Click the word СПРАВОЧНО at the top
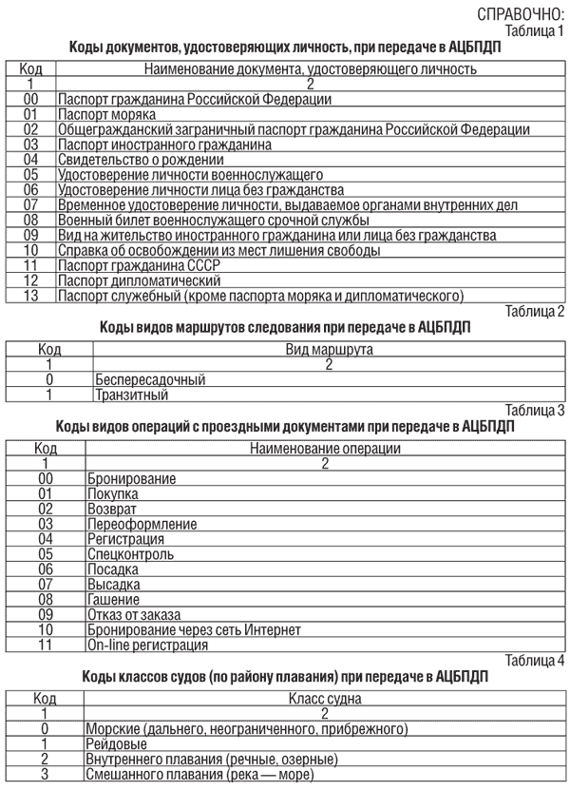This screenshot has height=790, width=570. pyautogui.click(x=519, y=13)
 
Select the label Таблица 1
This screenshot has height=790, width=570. pyautogui.click(x=535, y=29)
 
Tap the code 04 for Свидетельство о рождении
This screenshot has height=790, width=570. pyautogui.click(x=30, y=160)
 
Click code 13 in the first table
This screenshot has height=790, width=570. pyautogui.click(x=30, y=296)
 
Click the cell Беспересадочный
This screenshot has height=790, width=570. pyautogui.click(x=150, y=379)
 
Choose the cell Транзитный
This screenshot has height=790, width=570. pyautogui.click(x=131, y=395)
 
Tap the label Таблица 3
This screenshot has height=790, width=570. pyautogui.click(x=535, y=411)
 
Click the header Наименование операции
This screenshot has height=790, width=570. pyautogui.click(x=325, y=449)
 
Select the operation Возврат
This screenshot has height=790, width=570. pyautogui.click(x=111, y=509)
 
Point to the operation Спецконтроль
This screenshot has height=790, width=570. pyautogui.click(x=130, y=553)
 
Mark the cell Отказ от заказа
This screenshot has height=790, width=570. pyautogui.click(x=134, y=614)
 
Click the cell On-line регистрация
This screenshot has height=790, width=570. pyautogui.click(x=147, y=645)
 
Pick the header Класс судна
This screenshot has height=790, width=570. pyautogui.click(x=325, y=699)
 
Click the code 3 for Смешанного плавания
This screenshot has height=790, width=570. pyautogui.click(x=44, y=774)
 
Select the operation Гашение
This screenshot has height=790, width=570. pyautogui.click(x=113, y=599)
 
